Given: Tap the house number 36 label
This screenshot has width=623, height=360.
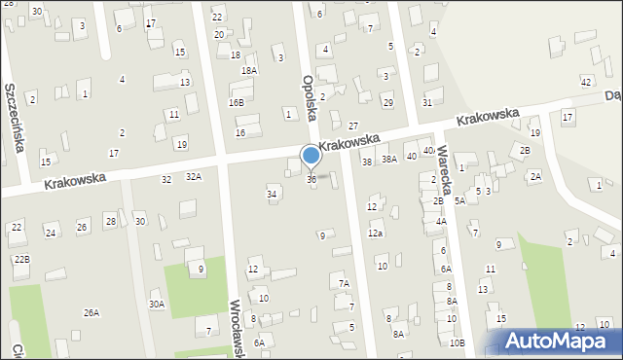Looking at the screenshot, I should coord(311,179).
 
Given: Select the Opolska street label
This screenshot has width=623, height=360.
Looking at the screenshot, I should coord(310,97).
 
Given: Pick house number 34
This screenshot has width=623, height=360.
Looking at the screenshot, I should coord(273,195).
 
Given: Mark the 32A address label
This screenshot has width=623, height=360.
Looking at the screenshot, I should coord(194,177).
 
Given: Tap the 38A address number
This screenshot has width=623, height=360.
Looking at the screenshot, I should coord(388,159).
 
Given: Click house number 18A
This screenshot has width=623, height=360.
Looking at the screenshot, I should coord(249,70).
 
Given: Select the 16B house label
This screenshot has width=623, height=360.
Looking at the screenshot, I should coord(237,102).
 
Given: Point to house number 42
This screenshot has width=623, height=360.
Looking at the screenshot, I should coord(586,81).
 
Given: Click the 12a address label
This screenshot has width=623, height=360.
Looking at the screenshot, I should coord(375,234).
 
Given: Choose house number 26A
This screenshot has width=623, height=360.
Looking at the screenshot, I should coord(91,312).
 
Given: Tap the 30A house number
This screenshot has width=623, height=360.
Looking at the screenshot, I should coord(156,305).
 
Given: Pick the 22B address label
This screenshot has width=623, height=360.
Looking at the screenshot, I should coord(21,259).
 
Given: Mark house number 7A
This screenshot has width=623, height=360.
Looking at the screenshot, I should coord(344,284).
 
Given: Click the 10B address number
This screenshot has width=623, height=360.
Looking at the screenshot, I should coord(457,342).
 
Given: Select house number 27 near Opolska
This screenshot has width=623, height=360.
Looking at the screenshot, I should coord(353,126).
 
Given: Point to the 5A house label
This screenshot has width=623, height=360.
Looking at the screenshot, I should coord(458,200).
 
